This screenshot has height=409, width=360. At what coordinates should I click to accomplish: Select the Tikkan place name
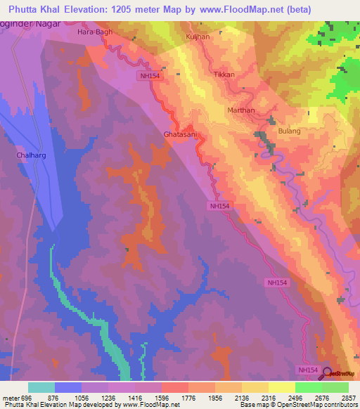223,74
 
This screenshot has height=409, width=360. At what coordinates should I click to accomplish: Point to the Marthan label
241,110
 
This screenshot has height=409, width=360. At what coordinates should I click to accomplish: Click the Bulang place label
289,131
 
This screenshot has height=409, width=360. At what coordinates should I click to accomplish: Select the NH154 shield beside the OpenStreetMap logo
308,370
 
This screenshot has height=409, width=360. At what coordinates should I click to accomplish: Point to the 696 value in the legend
20,398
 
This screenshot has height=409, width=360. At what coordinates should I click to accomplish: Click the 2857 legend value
349,398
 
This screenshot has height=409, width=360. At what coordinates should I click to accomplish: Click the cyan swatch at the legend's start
41,387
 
